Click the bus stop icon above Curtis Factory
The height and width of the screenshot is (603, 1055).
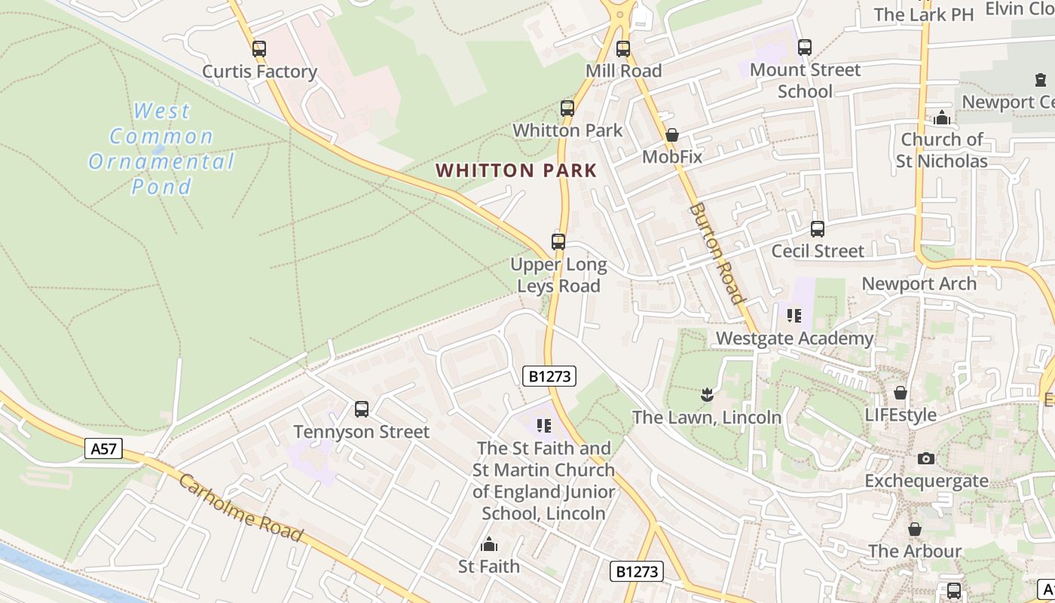259,49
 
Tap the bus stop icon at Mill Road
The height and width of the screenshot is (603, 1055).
623,49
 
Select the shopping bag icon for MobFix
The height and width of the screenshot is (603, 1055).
671,136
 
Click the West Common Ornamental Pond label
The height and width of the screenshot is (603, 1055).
161,148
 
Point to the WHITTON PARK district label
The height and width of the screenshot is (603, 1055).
516,170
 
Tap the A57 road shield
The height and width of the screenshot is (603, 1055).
103,449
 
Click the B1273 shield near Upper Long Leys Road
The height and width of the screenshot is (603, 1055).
549,376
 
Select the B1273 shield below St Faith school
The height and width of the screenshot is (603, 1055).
637,571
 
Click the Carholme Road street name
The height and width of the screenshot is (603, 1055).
240,508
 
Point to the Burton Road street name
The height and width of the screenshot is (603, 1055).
716,253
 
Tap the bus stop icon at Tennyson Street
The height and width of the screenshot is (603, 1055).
362,409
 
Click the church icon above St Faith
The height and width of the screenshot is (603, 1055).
489,544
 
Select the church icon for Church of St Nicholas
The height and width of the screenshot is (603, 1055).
941,118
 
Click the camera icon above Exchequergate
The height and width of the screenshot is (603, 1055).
926,458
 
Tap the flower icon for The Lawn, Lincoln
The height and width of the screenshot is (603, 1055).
706,394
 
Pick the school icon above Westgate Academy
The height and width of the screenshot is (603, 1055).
794,316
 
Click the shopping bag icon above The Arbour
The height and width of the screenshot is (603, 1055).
914,529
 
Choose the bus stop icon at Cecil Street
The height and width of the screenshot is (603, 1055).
818,228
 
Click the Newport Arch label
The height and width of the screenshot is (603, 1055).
919,284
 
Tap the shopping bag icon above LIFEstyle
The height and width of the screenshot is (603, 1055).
900,393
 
